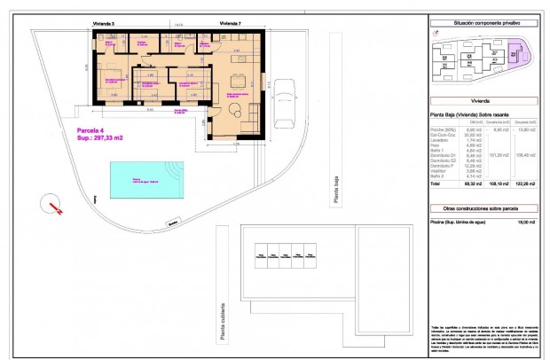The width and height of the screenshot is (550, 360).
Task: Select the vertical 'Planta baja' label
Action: pos(335,187)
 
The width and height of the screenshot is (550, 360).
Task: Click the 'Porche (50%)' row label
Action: pos(441,129)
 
